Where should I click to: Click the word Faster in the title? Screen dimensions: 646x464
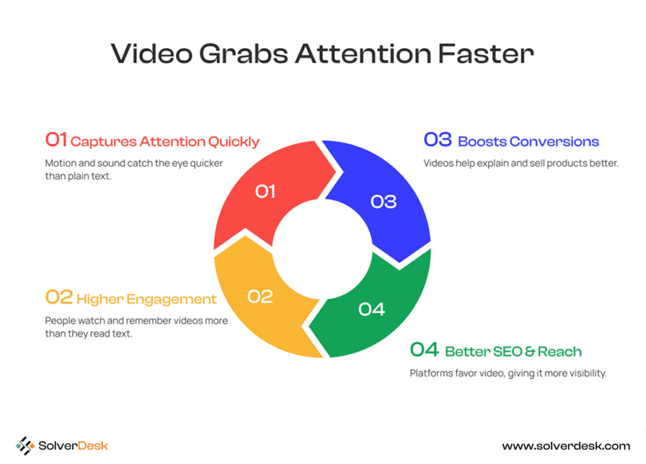pos(486,54)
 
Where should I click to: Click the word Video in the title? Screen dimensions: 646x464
pos(151,54)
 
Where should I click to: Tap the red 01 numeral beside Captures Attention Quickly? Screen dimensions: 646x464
pos(56,140)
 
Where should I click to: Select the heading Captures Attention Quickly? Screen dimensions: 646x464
pos(165,141)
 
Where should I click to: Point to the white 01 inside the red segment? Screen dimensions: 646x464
pos(265,191)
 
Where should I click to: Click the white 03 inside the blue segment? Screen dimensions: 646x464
pos(384,201)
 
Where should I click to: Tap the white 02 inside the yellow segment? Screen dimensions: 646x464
pos(260,297)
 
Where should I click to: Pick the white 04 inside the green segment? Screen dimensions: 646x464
pos(372,309)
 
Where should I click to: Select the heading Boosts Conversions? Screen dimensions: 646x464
pos(529,141)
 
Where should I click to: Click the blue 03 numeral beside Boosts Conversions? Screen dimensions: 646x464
pos(438,140)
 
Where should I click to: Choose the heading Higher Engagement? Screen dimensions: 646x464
pos(146,299)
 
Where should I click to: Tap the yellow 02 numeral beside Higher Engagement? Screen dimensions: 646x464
pos(59,297)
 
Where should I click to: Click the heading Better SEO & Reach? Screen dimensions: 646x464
pos(514,352)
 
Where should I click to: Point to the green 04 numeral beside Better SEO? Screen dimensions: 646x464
pos(425,349)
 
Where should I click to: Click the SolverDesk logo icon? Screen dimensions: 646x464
pos(25,446)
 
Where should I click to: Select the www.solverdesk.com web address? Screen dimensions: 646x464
pos(566,446)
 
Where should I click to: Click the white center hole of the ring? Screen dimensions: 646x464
pos(322,249)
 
